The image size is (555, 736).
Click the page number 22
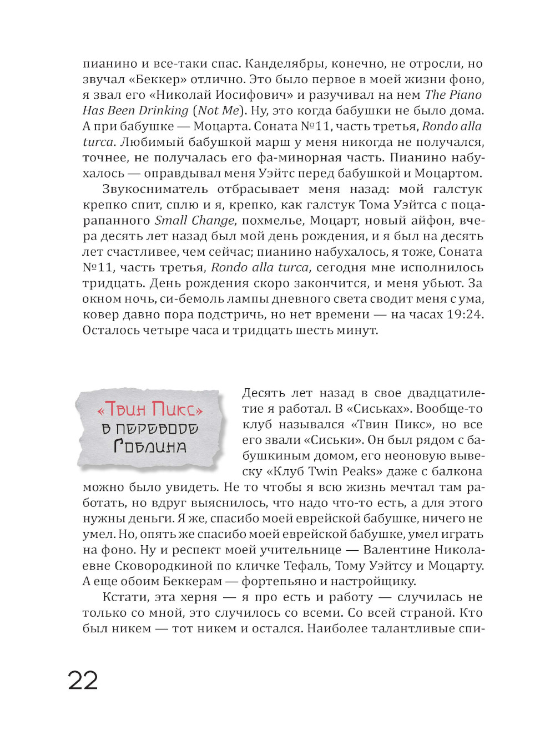coord(83,681)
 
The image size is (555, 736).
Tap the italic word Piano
coord(465,95)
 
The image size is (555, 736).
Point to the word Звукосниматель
coord(155,189)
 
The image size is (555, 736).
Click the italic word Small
coord(170,220)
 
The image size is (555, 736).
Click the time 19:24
coord(466,314)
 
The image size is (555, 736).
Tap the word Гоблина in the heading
coord(150,446)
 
